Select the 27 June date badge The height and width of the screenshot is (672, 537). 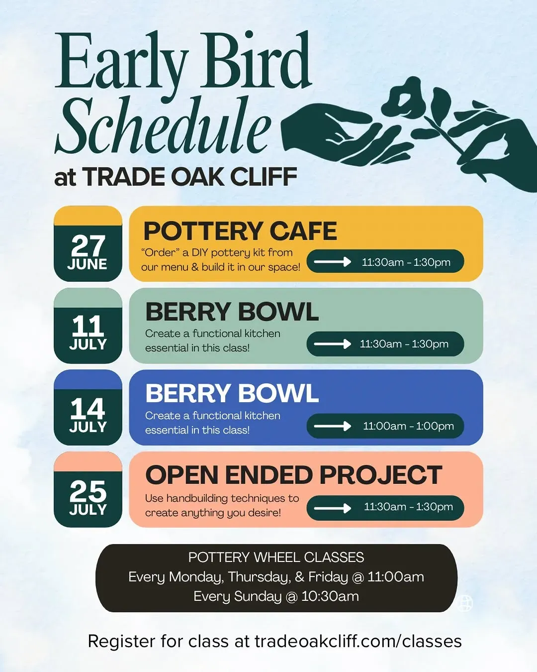(88, 243)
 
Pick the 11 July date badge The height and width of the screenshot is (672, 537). (88, 326)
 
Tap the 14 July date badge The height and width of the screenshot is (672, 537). (88, 408)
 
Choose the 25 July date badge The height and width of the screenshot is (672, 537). (88, 490)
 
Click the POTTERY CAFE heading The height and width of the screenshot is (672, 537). (240, 231)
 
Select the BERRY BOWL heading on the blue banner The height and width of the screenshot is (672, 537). (232, 393)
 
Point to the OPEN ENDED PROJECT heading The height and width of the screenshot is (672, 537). (294, 475)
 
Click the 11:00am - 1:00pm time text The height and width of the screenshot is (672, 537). (408, 426)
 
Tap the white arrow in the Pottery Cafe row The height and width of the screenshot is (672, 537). (333, 261)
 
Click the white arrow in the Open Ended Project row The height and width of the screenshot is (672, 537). (333, 508)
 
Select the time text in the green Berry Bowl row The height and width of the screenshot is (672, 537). (404, 344)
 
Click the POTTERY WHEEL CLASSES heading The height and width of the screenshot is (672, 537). (276, 558)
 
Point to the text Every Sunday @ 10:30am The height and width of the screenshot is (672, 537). (276, 596)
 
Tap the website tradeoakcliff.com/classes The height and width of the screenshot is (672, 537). (358, 642)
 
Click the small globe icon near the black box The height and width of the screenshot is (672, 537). (465, 603)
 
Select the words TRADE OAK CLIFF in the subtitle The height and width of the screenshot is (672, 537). (190, 177)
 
